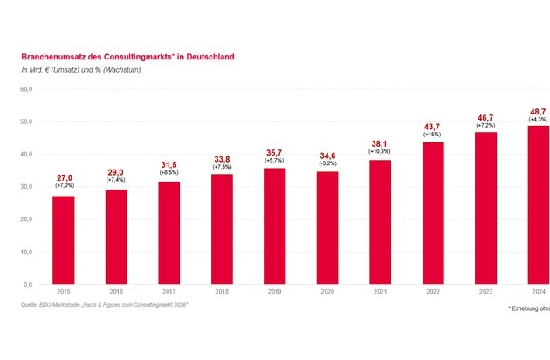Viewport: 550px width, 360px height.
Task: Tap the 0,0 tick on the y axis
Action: tap(27, 285)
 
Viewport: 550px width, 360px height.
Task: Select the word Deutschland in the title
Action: tap(206, 57)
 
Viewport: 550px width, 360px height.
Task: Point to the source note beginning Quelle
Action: tap(106, 304)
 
